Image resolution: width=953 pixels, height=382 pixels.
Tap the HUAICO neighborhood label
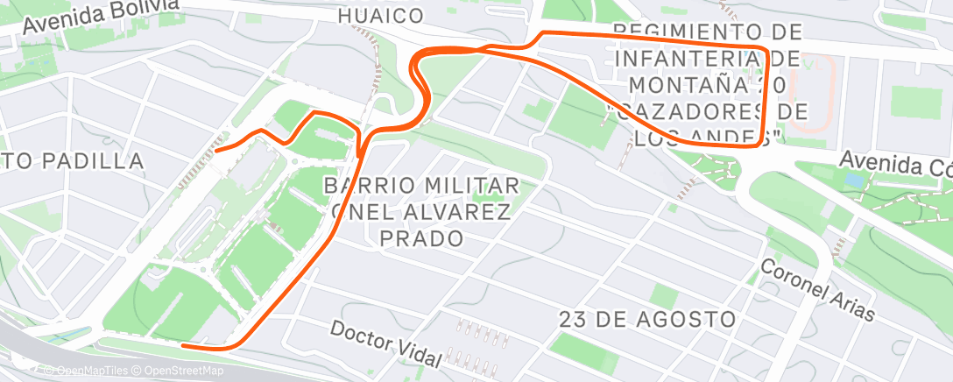(380, 16)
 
